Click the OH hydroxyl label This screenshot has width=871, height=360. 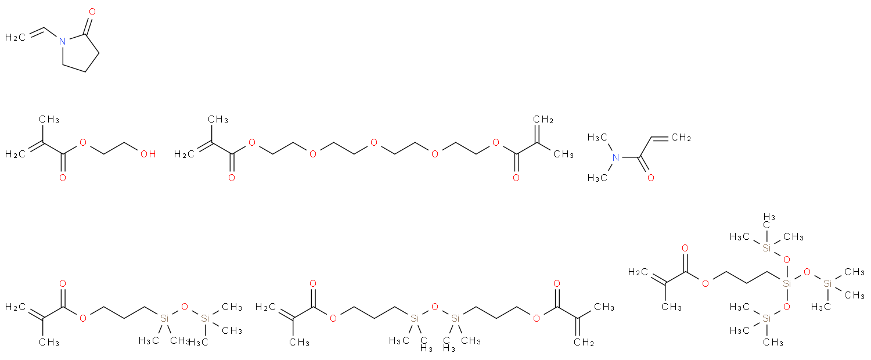tap(148, 154)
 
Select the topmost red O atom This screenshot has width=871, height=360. tap(92, 12)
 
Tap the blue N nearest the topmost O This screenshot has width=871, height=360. tap(62, 41)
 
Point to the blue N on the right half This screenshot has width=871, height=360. tap(616, 157)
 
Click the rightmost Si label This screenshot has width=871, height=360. tap(827, 284)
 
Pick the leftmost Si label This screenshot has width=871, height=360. tap(164, 318)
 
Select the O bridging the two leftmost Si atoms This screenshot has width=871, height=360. tap(185, 307)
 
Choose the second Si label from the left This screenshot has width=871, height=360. tap(204, 318)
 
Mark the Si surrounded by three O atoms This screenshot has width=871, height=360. tap(787, 284)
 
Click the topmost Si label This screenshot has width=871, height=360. tap(766, 249)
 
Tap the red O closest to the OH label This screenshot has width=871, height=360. tap(82, 142)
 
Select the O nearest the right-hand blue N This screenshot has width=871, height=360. tap(650, 178)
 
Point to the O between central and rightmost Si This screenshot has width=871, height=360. tap(807, 272)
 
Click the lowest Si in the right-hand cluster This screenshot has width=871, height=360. tap(766, 318)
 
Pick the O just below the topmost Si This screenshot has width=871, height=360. tap(786, 260)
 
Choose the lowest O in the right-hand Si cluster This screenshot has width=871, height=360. tap(786, 307)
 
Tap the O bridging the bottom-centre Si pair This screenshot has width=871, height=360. tap(434, 307)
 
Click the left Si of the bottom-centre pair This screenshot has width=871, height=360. tap(415, 318)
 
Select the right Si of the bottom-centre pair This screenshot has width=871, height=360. tap(455, 318)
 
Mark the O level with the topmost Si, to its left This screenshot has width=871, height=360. tap(685, 249)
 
